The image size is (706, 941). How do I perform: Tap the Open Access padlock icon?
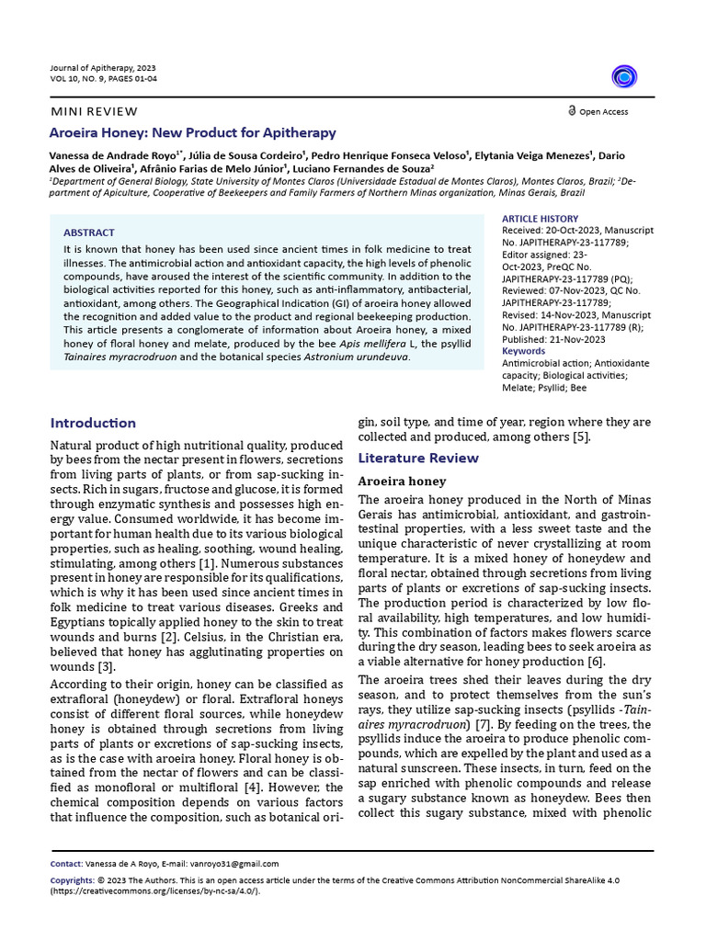(x=572, y=110)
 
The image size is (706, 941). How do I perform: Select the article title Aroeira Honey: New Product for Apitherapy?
(x=193, y=133)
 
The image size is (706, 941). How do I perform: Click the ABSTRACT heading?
(x=89, y=232)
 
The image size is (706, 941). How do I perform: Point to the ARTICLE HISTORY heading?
(x=541, y=218)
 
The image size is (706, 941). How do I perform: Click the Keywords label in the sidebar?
(x=523, y=351)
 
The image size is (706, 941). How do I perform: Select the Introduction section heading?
(x=93, y=423)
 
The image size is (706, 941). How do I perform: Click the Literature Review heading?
(x=418, y=458)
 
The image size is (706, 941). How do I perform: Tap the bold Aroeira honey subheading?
(x=402, y=482)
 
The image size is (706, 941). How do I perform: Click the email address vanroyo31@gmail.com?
(x=233, y=864)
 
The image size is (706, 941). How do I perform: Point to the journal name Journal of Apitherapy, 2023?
(x=103, y=68)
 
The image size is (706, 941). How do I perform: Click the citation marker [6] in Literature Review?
(x=596, y=662)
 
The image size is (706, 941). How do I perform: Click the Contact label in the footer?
(x=65, y=864)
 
